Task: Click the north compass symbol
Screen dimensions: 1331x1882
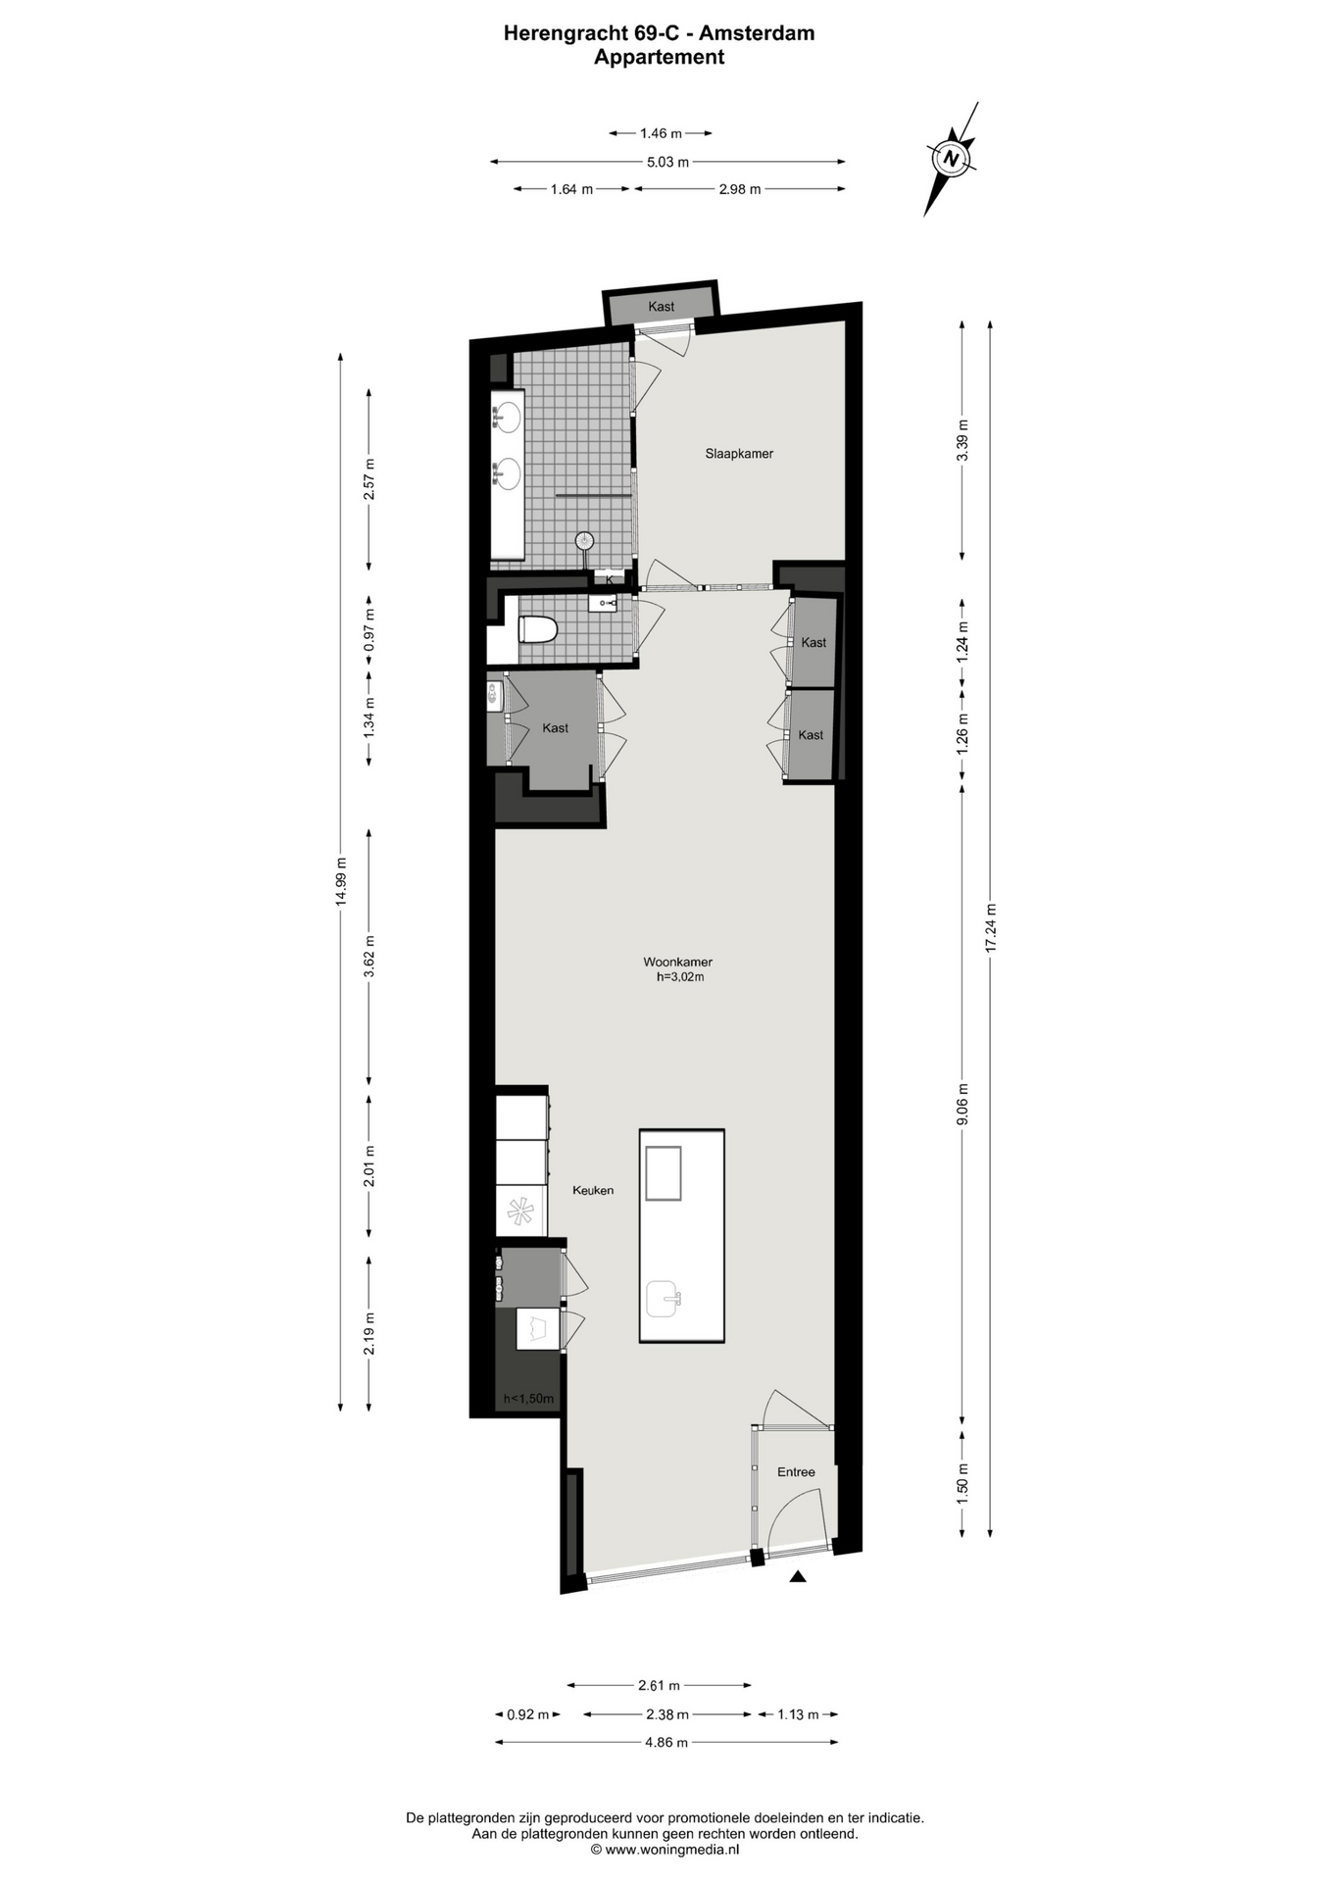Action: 950,157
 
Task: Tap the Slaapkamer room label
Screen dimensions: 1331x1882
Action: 739,454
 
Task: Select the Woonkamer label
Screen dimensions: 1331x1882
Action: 677,962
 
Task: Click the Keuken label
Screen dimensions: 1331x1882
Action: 593,1190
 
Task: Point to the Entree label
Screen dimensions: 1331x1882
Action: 796,1471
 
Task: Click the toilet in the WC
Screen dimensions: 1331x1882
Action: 537,628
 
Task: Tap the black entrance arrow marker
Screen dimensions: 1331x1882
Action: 798,1576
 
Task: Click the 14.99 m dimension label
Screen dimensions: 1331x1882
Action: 341,881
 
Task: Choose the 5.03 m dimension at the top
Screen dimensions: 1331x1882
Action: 667,162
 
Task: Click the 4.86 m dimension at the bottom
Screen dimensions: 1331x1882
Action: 666,1742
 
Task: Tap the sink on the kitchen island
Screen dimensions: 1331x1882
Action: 665,1299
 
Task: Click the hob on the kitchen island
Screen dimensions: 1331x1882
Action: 664,1172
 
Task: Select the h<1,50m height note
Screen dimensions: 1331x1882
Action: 528,1399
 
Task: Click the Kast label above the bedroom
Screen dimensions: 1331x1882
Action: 662,307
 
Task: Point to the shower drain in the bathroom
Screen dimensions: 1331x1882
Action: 584,538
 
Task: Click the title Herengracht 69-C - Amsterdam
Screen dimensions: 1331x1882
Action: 659,32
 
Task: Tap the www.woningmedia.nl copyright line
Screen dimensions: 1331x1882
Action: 665,1850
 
